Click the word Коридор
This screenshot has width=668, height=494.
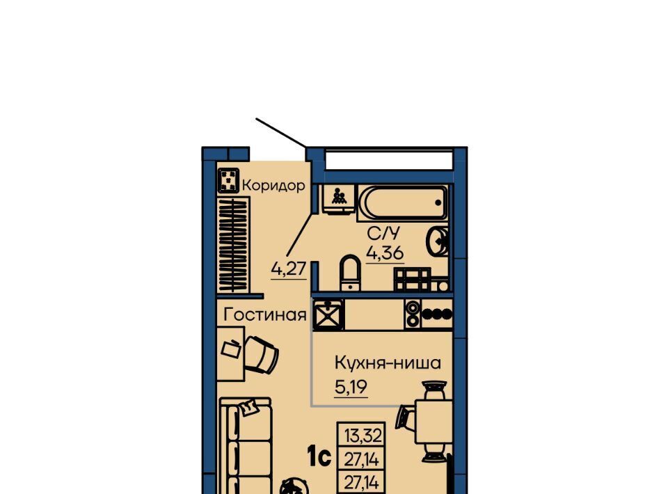[273, 185]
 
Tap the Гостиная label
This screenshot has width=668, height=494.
[265, 314]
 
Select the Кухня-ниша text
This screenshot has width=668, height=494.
[388, 363]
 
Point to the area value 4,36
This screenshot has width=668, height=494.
[385, 253]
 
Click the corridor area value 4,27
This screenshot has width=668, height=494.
[289, 269]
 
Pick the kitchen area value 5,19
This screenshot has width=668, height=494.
[351, 387]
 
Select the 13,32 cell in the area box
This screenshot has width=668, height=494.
[363, 436]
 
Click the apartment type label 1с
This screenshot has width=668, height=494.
[319, 457]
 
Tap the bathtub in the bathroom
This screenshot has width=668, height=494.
[403, 202]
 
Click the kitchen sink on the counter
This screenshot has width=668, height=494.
[328, 314]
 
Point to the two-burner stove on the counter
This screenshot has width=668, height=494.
[413, 314]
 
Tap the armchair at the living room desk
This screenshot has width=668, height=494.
[262, 354]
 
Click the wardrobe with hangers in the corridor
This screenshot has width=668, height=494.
[234, 245]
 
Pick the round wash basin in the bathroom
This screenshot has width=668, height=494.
[437, 241]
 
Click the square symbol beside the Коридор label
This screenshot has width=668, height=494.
[228, 180]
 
